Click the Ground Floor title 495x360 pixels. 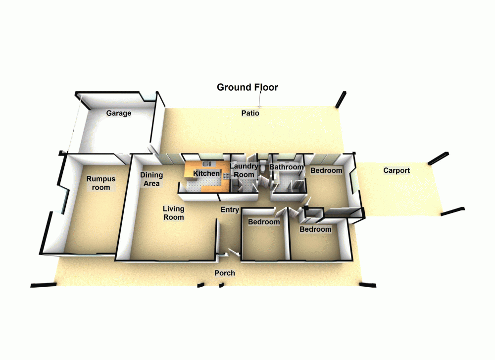pyautogui.click(x=247, y=88)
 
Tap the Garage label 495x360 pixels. pyautogui.click(x=119, y=113)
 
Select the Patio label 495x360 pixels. pyautogui.click(x=250, y=113)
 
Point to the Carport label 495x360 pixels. pyautogui.click(x=396, y=171)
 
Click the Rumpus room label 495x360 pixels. pyautogui.click(x=98, y=183)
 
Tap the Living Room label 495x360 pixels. pyautogui.click(x=173, y=213)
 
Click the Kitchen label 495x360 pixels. pyautogui.click(x=206, y=174)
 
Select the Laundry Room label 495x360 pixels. pyautogui.click(x=244, y=171)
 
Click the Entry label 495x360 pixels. pyautogui.click(x=230, y=210)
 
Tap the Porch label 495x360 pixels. pyautogui.click(x=224, y=273)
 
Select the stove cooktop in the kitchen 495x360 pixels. pyautogui.click(x=226, y=176)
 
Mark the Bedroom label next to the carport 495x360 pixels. pyautogui.click(x=326, y=171)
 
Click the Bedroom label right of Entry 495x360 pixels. pyautogui.click(x=264, y=222)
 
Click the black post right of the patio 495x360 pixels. pyautogui.click(x=341, y=100)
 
